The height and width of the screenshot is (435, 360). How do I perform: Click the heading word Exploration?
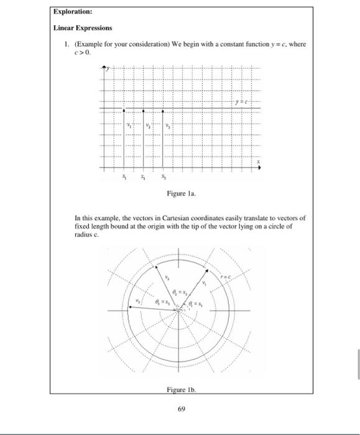point(72,11)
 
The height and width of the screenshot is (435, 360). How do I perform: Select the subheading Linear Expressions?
point(83,28)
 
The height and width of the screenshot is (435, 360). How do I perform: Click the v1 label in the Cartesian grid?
point(129,124)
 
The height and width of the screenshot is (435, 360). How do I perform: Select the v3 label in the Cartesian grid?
point(168,124)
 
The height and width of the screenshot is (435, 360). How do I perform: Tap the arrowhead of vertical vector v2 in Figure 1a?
point(144,111)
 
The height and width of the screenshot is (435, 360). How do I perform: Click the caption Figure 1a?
point(180,194)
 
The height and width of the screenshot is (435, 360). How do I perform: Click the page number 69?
point(180,410)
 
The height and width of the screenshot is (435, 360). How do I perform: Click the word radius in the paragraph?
point(84,234)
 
